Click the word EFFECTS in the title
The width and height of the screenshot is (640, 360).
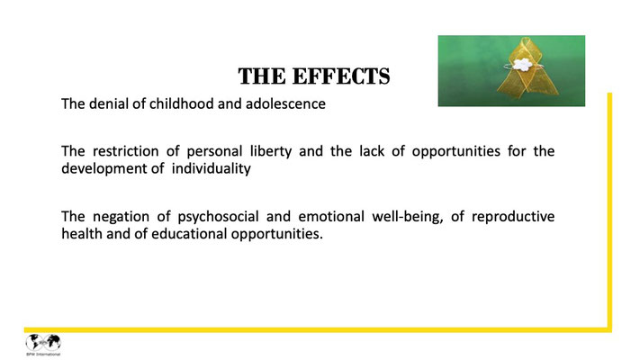(x=341, y=76)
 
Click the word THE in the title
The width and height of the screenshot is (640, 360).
(x=262, y=76)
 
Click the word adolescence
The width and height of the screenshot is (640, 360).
(x=285, y=103)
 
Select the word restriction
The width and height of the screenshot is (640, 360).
(x=126, y=151)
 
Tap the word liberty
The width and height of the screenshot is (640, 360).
(x=271, y=151)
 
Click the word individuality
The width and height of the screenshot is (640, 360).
(x=211, y=168)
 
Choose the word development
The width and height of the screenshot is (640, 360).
(x=104, y=169)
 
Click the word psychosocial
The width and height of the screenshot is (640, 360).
(x=218, y=217)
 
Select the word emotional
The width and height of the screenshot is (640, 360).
(x=331, y=216)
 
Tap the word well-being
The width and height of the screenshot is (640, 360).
(x=408, y=217)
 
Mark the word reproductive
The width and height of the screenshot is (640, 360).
(x=513, y=217)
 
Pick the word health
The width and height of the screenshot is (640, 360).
(x=82, y=234)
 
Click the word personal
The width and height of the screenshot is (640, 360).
(x=215, y=151)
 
